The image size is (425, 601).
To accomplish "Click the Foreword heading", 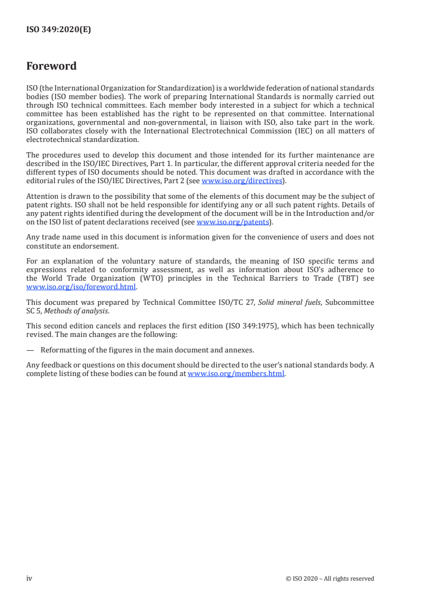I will click(51, 66).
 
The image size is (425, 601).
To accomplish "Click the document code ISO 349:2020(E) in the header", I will click(58, 30).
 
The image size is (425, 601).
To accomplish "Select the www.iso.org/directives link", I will click(242, 181).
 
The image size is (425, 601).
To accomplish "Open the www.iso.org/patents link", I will click(233, 222).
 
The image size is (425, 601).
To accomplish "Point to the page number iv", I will click(29, 578).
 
